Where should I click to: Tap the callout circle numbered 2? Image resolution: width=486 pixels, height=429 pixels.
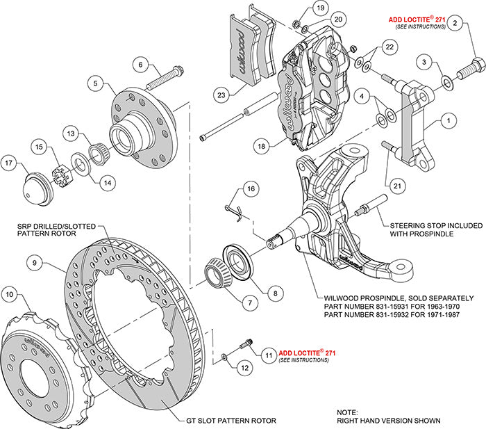click(455, 24)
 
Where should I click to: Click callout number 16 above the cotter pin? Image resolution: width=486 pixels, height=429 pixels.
click(250, 188)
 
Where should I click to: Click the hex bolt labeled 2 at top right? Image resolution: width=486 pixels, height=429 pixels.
click(473, 71)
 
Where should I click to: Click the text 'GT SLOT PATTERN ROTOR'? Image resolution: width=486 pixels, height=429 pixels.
click(232, 421)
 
